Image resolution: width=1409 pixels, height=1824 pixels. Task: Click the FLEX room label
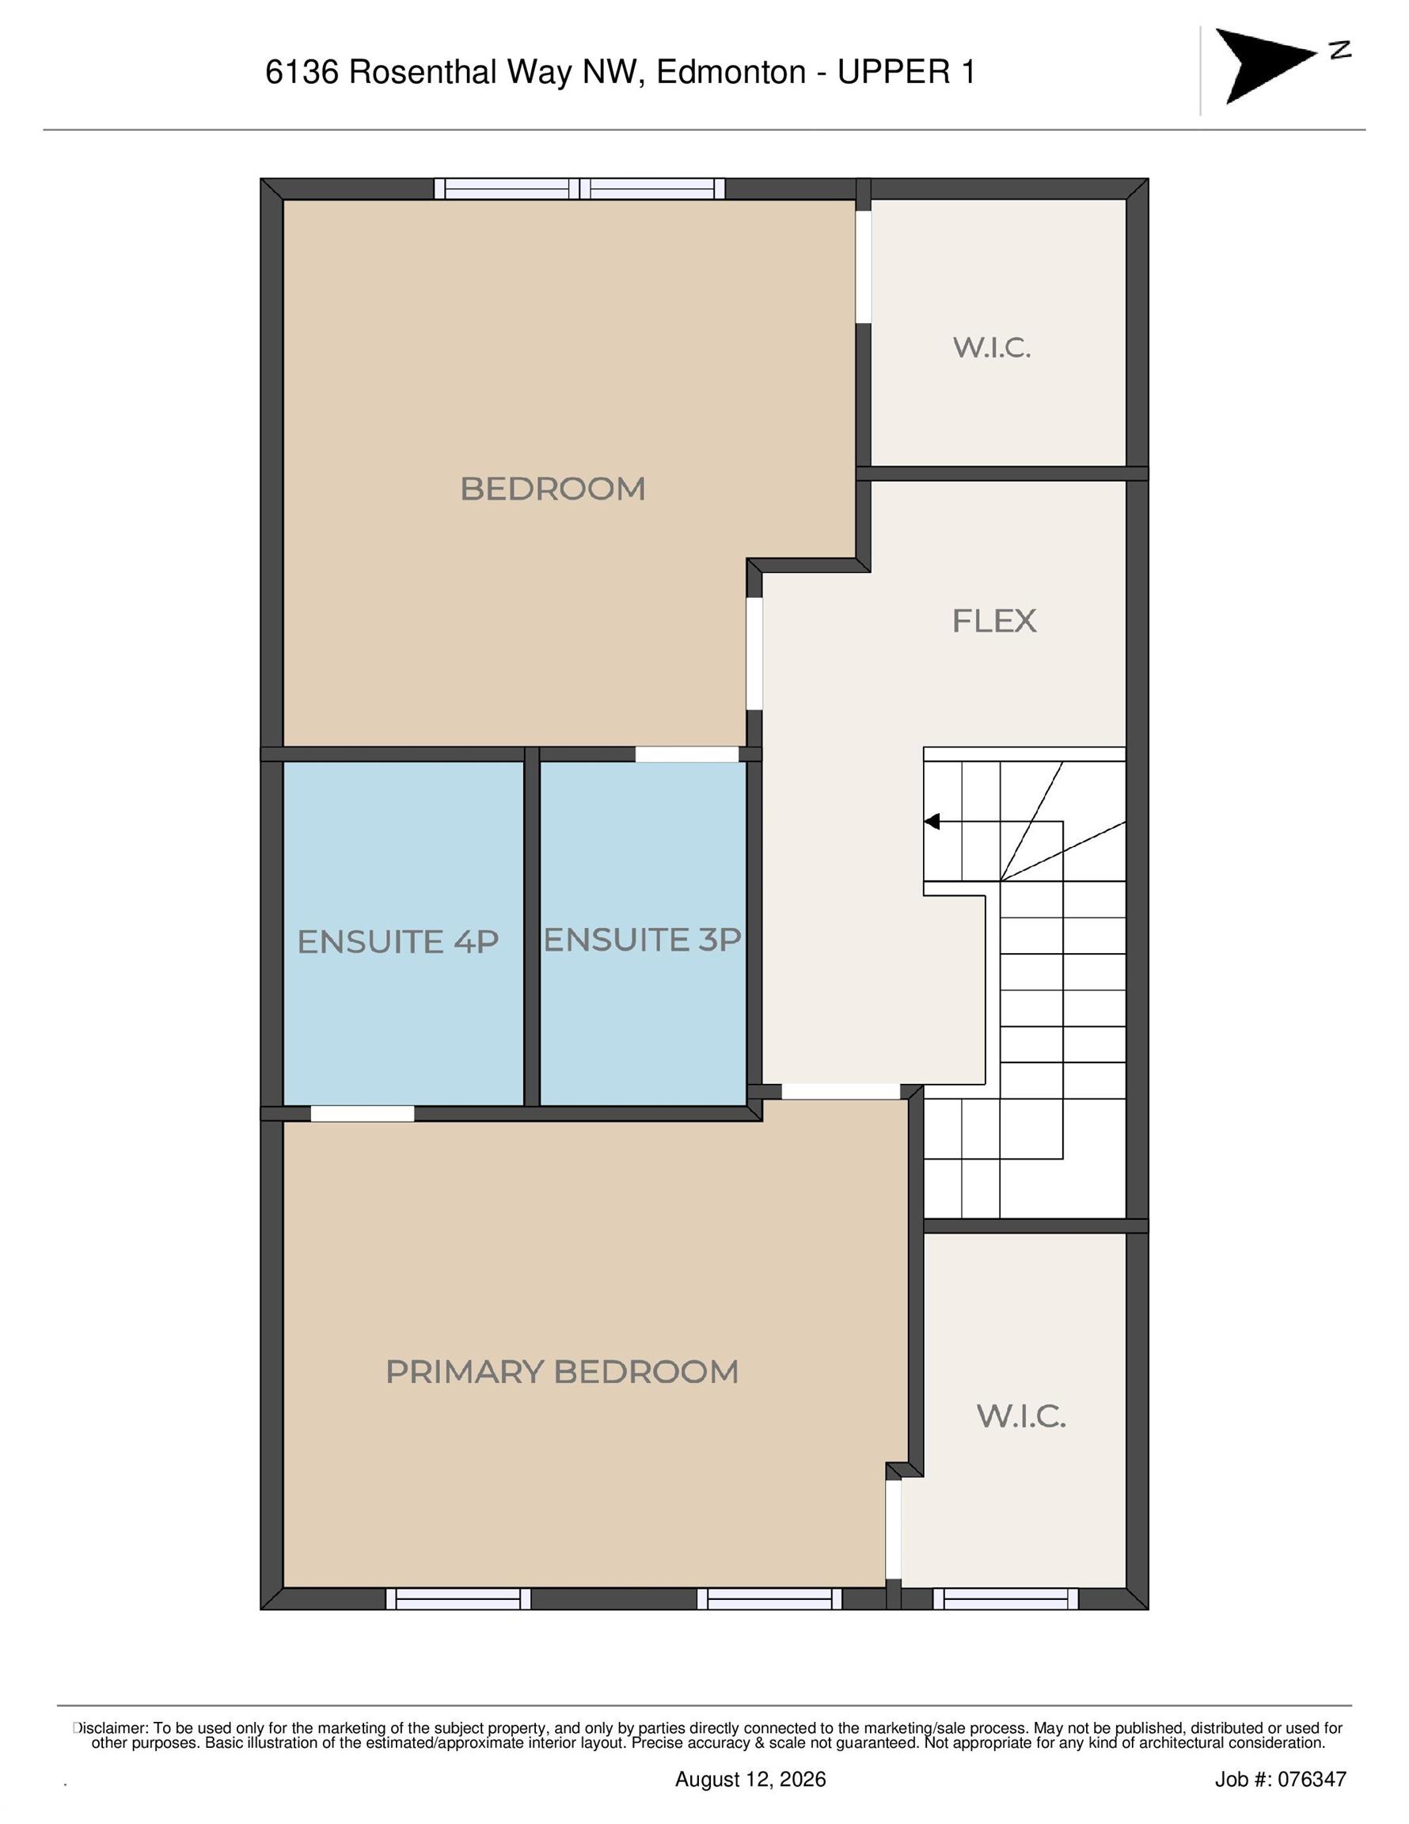click(x=994, y=621)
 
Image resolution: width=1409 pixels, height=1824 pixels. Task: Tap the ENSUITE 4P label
click(x=397, y=942)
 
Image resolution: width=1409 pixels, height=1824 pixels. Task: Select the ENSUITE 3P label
click(x=642, y=940)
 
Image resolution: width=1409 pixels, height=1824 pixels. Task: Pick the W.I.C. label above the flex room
click(x=992, y=348)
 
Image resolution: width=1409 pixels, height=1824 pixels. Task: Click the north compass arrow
click(x=1267, y=65)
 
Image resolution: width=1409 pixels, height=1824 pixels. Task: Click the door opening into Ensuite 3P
click(x=686, y=754)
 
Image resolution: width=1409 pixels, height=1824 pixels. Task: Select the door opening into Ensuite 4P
click(x=363, y=1113)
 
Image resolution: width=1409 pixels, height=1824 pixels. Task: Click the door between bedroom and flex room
click(x=754, y=654)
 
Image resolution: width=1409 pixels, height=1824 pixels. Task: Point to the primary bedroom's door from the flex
click(x=840, y=1092)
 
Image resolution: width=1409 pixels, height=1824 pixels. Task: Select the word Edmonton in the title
click(x=731, y=73)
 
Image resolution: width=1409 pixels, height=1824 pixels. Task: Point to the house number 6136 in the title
click(x=302, y=73)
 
